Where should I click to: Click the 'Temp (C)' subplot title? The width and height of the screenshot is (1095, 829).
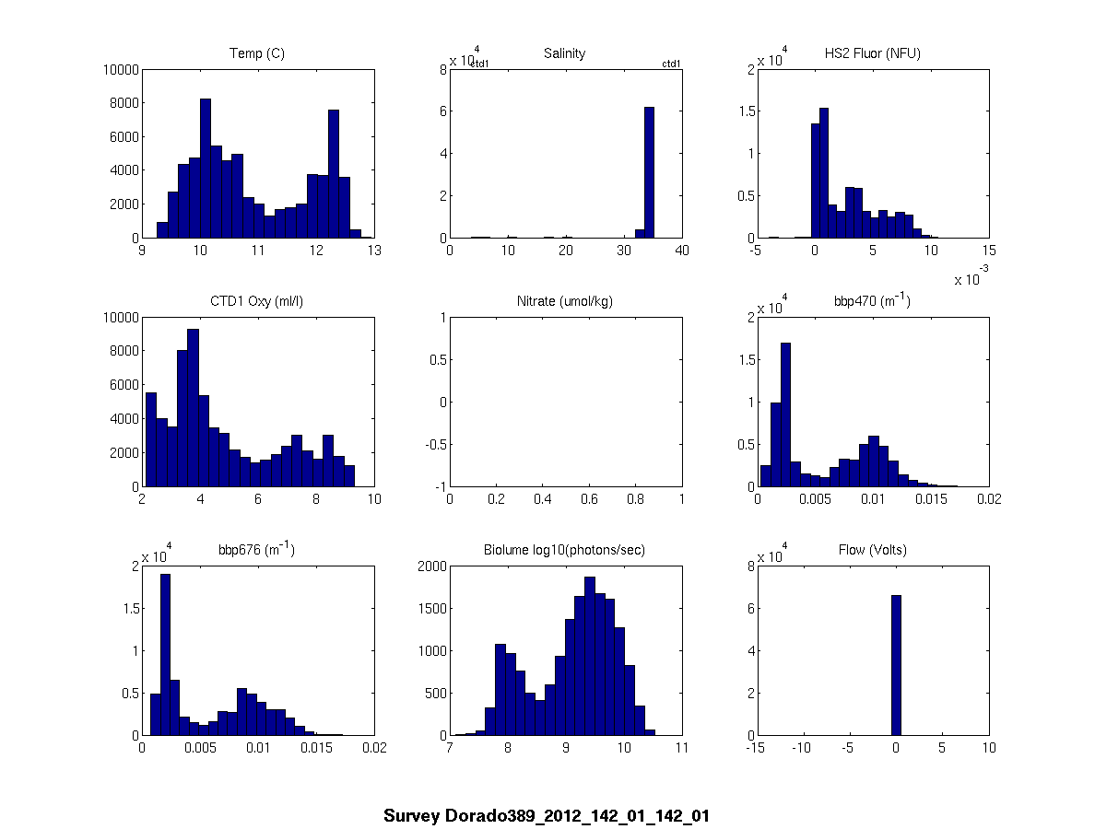[257, 53]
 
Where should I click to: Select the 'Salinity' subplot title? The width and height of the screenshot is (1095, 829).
[564, 53]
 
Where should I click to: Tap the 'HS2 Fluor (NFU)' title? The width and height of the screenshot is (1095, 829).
[872, 53]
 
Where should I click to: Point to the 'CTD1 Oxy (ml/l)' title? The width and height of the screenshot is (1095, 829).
[257, 301]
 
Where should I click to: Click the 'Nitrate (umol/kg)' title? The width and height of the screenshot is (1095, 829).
[564, 301]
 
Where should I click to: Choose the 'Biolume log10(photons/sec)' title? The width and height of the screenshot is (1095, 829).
[564, 550]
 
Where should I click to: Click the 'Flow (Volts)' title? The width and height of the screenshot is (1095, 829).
[872, 550]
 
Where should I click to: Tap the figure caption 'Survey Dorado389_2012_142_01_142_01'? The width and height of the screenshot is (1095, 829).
[547, 816]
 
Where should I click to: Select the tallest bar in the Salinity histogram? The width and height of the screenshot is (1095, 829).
[649, 172]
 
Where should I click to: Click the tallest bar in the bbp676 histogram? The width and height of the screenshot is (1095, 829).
[166, 654]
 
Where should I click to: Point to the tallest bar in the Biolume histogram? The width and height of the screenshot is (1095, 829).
[589, 656]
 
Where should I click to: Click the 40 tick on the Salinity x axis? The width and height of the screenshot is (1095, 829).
[681, 250]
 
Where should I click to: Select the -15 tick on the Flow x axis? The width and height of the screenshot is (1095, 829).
[757, 747]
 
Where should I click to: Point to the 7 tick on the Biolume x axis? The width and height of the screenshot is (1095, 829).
[449, 747]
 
